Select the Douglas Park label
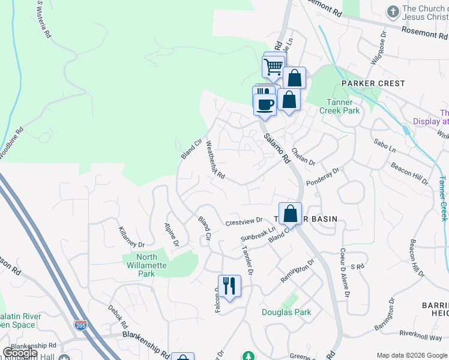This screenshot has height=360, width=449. [286, 312]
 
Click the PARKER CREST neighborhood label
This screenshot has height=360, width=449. [373, 83]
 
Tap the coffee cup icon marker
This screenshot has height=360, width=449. [265, 104]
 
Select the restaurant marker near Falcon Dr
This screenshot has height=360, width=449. [229, 286]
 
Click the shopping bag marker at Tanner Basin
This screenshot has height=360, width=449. [290, 214]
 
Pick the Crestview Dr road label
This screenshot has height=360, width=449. [244, 222]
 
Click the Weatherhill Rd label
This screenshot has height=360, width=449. [215, 160]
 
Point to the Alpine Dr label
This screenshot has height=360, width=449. [172, 235]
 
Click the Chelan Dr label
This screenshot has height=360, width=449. [303, 157]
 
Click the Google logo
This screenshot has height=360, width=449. [20, 353]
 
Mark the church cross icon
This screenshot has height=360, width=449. [393, 12]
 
